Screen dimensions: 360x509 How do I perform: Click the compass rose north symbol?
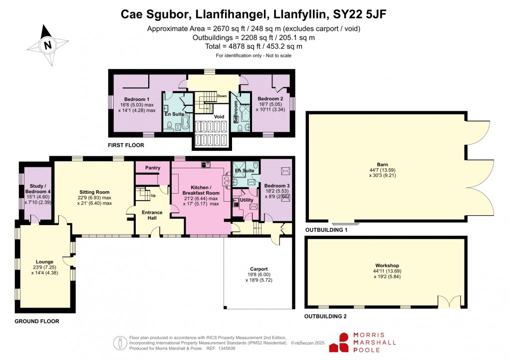(x=48, y=45)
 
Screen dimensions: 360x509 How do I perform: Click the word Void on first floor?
(x=219, y=116)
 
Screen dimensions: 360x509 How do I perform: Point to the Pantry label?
(x=153, y=168)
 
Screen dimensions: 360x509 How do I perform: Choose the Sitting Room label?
(x=94, y=192)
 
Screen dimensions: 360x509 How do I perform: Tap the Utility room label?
(x=247, y=200)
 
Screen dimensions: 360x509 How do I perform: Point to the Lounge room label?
(x=44, y=261)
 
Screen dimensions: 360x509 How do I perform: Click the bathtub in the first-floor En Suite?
(x=185, y=122)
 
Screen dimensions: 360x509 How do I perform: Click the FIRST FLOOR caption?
(x=126, y=145)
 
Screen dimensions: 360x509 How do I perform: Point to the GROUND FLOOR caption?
(x=36, y=321)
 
